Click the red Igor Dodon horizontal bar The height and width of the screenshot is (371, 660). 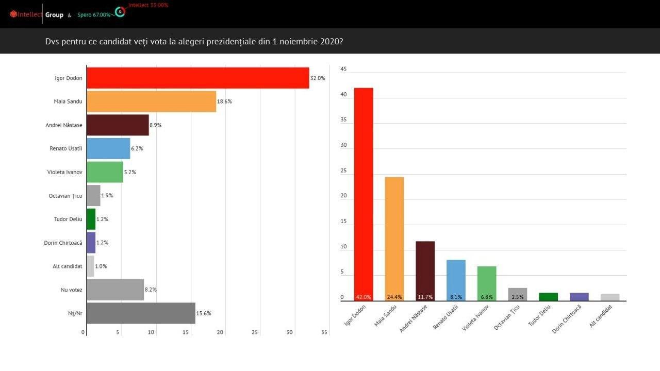pyautogui.click(x=197, y=78)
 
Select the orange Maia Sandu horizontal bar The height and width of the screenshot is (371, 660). pyautogui.click(x=151, y=102)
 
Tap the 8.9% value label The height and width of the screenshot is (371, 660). pyautogui.click(x=156, y=125)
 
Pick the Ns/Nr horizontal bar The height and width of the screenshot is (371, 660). pyautogui.click(x=141, y=313)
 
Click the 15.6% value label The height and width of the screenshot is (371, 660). pyautogui.click(x=204, y=313)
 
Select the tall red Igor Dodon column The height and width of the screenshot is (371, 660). pyautogui.click(x=364, y=191)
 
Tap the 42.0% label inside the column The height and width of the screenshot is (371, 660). pyautogui.click(x=364, y=297)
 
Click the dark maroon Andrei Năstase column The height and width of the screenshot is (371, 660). pyautogui.click(x=425, y=268)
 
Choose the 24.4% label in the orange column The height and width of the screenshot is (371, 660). pyautogui.click(x=394, y=297)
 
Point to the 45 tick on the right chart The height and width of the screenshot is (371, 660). pyautogui.click(x=344, y=69)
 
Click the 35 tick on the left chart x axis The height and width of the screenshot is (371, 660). pyautogui.click(x=324, y=332)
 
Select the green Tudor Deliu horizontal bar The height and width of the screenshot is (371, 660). pyautogui.click(x=91, y=219)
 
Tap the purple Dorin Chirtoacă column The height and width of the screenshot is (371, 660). pyautogui.click(x=579, y=297)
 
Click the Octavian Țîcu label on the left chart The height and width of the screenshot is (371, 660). pyautogui.click(x=65, y=196)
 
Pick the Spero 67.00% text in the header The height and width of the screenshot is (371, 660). pyautogui.click(x=94, y=15)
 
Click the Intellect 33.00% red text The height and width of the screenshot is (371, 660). pyautogui.click(x=148, y=5)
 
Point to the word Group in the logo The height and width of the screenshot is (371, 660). pyautogui.click(x=54, y=15)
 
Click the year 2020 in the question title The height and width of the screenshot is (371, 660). pyautogui.click(x=330, y=41)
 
